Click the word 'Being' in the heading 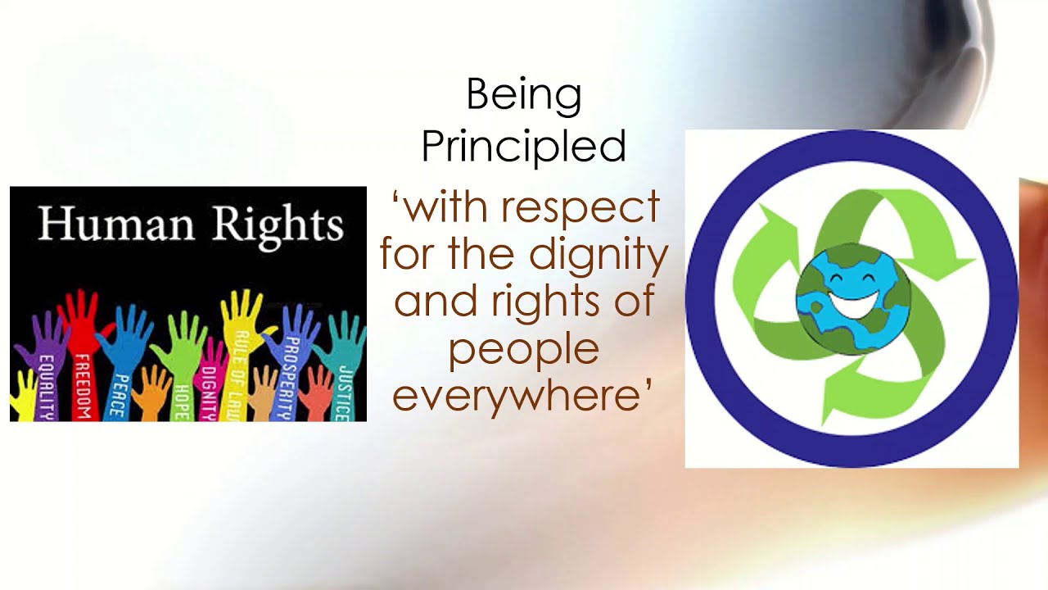point(523,96)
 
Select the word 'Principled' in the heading point(523,146)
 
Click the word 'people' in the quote point(523,350)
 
